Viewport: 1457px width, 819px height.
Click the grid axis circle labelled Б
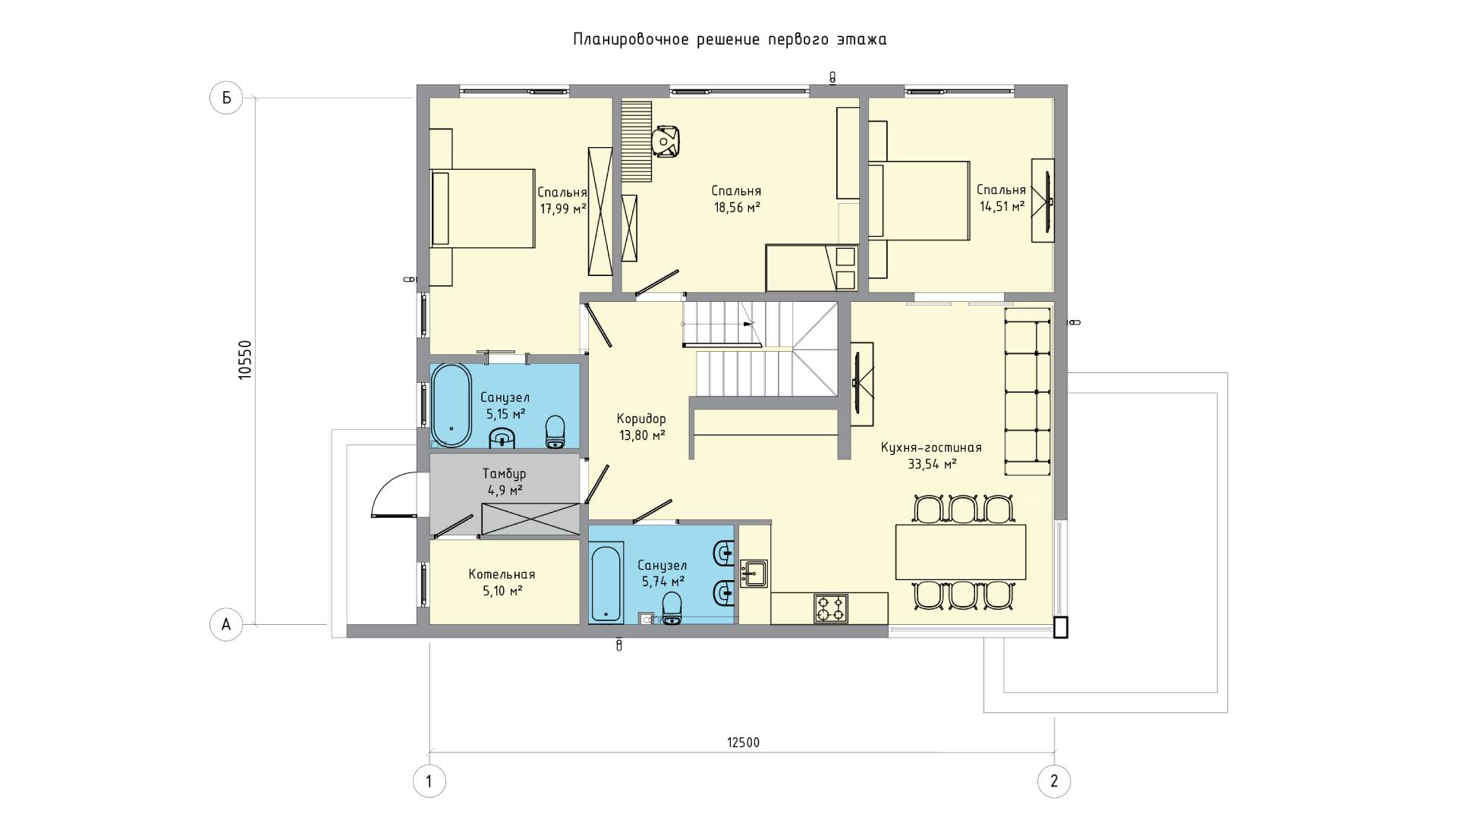(x=225, y=98)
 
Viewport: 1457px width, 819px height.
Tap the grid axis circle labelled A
(x=225, y=625)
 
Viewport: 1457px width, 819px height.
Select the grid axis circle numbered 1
(x=430, y=781)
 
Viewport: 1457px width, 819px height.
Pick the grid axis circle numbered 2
(x=1054, y=781)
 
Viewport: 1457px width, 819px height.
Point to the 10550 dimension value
(x=244, y=359)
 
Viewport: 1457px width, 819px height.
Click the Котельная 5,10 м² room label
(x=502, y=582)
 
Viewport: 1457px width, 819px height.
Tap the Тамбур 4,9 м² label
(x=504, y=482)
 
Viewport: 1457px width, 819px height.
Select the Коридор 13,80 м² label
(x=641, y=426)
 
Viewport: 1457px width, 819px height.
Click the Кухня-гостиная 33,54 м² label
(x=931, y=456)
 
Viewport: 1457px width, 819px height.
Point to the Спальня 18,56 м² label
(x=736, y=199)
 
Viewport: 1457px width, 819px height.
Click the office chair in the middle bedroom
(x=666, y=142)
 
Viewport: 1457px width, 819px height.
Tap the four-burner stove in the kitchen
(x=831, y=608)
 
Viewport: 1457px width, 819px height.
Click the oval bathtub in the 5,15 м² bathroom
(x=452, y=406)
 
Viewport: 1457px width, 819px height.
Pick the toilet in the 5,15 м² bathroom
(x=556, y=431)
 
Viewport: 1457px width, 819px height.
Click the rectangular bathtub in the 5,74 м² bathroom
(x=607, y=582)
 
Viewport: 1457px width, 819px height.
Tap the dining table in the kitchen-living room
(x=961, y=551)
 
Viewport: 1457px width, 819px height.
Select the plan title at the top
(x=730, y=39)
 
